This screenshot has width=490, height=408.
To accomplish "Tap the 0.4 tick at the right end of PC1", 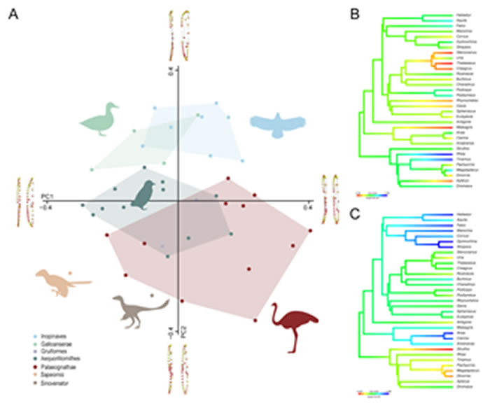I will pos(307,208).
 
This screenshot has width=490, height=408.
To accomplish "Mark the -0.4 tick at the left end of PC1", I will pos(48,208).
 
